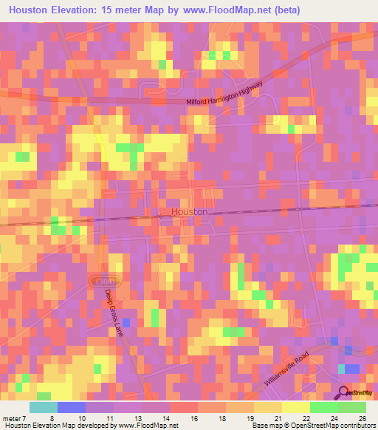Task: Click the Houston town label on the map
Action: pyautogui.click(x=189, y=211)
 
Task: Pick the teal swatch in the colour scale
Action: pyautogui.click(x=43, y=407)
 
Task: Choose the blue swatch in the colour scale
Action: pyautogui.click(x=71, y=407)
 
